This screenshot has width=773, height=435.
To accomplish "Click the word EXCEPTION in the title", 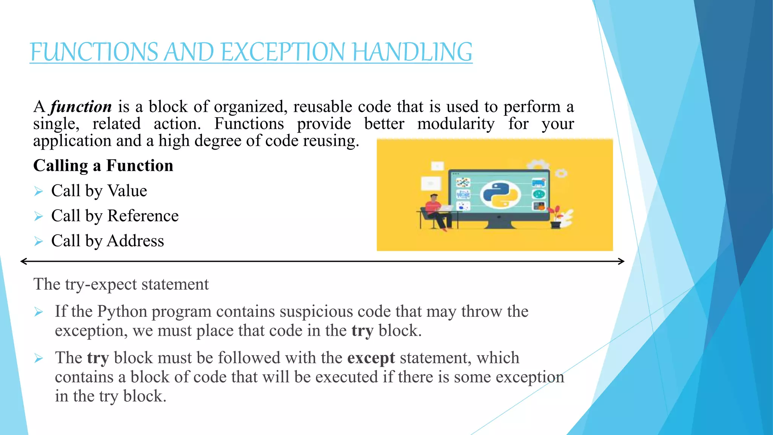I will [282, 52].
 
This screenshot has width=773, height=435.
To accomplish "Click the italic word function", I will [81, 107].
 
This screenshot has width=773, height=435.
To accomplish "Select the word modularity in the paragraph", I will [456, 124].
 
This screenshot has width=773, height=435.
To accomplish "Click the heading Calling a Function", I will [103, 165].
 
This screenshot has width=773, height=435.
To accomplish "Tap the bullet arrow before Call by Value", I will [38, 191].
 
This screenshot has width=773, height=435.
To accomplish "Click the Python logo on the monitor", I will [500, 195].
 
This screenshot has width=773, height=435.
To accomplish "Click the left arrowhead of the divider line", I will [23, 261].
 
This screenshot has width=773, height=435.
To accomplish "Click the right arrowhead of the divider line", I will [621, 261].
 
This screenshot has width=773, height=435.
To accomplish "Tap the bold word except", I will [371, 358].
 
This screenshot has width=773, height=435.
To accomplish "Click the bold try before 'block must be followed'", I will [98, 358].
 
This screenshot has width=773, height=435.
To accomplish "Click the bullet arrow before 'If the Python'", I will [38, 312].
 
